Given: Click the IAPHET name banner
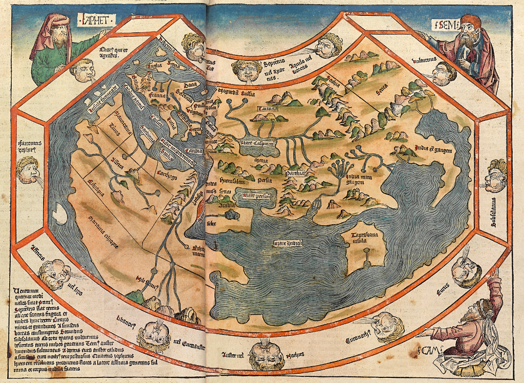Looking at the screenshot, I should tap(97, 20).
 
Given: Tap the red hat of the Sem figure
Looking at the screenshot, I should tap(471, 22).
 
